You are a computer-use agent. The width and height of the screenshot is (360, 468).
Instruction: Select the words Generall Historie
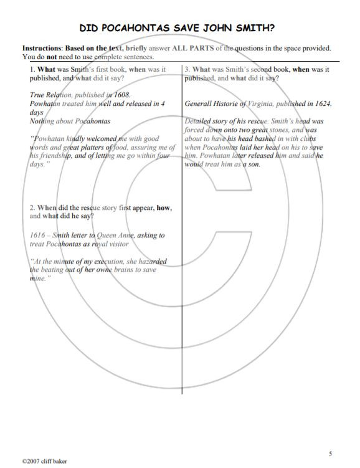[211, 104]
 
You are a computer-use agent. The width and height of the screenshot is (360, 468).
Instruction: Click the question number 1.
[32, 70]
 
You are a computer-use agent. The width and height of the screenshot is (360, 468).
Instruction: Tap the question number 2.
[32, 207]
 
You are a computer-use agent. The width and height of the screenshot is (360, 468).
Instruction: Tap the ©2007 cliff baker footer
[44, 461]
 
